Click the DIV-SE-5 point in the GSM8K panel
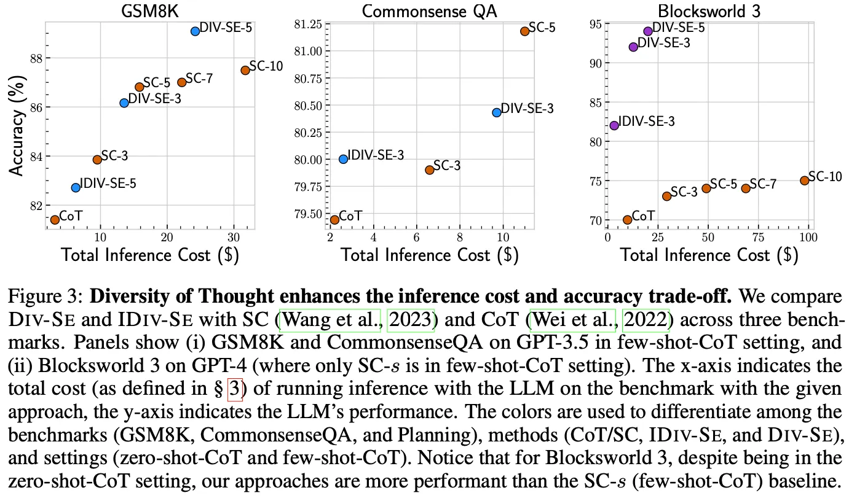click(195, 31)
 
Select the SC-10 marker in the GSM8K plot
click(245, 70)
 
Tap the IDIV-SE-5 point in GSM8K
click(76, 187)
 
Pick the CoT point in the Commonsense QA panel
click(334, 219)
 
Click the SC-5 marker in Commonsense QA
click(524, 31)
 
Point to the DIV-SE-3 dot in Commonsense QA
click(497, 112)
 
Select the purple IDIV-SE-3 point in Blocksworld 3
click(614, 125)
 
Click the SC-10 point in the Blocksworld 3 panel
click(804, 181)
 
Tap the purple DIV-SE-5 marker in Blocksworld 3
click(647, 31)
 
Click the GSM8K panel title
click(151, 10)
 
